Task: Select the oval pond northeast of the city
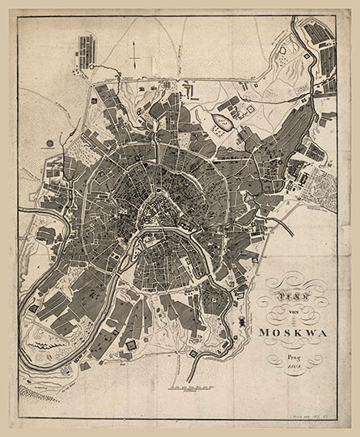219,122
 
